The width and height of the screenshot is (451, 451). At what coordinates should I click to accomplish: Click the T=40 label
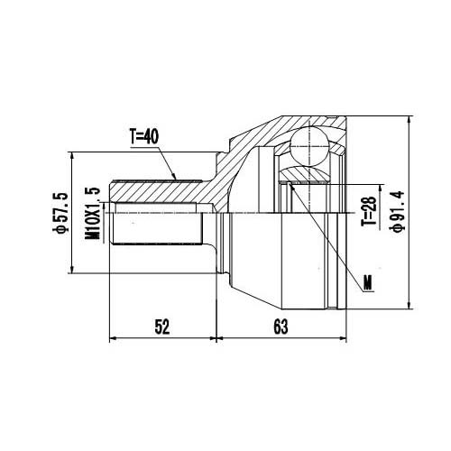point(143,137)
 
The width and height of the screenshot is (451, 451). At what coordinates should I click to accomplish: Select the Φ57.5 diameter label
point(60,214)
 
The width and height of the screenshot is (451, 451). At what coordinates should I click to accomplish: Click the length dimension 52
point(161,327)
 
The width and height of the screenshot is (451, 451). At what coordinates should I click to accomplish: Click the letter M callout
point(369,287)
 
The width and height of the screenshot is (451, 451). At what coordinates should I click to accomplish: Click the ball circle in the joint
point(310,145)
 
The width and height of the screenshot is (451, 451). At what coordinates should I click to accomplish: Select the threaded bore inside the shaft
point(158,225)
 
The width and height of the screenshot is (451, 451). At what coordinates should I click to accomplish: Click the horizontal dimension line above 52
point(162,340)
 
